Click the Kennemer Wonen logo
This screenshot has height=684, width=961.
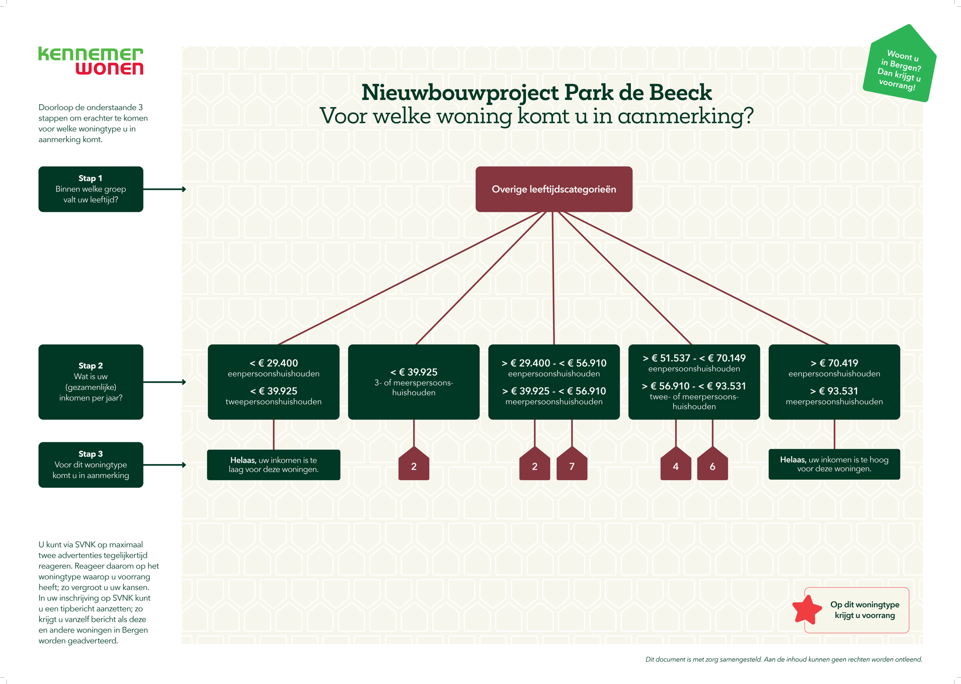(x=91, y=61)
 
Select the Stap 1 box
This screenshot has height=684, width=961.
(x=91, y=189)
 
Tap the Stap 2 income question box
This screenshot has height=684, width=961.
(x=91, y=382)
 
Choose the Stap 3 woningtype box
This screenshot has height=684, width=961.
(x=91, y=464)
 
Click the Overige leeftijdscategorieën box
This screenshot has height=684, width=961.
(x=554, y=189)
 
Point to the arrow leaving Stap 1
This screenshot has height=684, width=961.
(x=165, y=189)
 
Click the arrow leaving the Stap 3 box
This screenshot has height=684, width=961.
(x=165, y=465)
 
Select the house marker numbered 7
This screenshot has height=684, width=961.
(x=572, y=465)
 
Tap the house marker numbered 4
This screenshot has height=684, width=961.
(x=676, y=465)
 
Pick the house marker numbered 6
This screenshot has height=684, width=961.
(x=712, y=465)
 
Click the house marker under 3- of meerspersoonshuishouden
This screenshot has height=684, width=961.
(x=413, y=465)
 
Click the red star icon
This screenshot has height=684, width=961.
(x=807, y=609)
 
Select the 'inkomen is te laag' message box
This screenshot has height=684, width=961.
(x=273, y=465)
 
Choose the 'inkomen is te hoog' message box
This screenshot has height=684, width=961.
(x=834, y=464)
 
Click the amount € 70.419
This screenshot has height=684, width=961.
(x=838, y=363)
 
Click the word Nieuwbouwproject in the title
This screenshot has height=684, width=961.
(x=460, y=93)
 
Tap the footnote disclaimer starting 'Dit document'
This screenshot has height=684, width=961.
(x=783, y=659)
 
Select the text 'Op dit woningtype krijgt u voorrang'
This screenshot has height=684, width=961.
(x=864, y=610)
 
